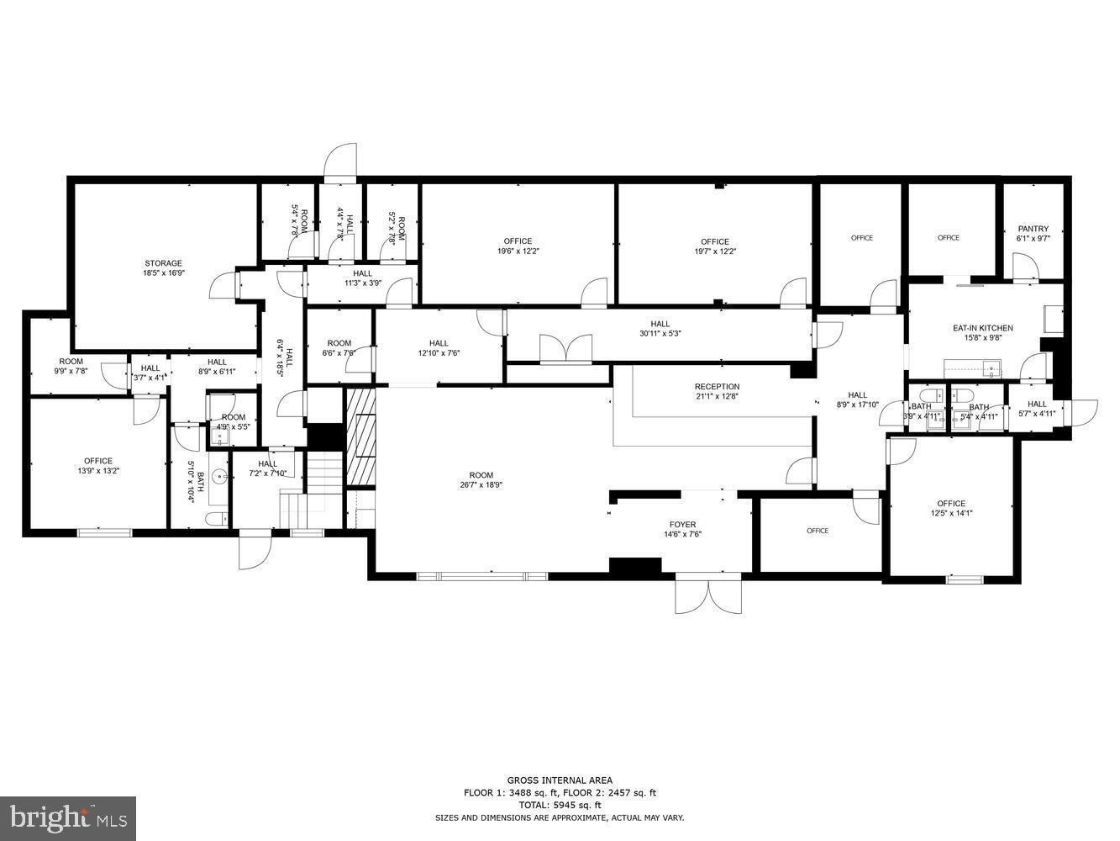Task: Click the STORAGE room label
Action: click(x=163, y=263)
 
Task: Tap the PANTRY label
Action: click(x=1033, y=229)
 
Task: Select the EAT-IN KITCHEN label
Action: click(x=982, y=328)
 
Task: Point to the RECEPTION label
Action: click(x=717, y=387)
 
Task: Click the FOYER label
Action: click(x=682, y=525)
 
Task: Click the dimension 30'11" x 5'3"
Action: click(x=660, y=333)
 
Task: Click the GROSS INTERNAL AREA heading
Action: click(x=559, y=780)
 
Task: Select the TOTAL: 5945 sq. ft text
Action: click(x=560, y=805)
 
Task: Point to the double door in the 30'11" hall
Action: click(x=565, y=349)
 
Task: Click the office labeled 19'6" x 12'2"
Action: click(x=518, y=246)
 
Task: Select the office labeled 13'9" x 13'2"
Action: click(x=98, y=465)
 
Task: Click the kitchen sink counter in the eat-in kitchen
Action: click(x=972, y=368)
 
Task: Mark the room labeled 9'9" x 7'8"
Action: click(x=71, y=366)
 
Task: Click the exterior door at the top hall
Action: click(x=341, y=161)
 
